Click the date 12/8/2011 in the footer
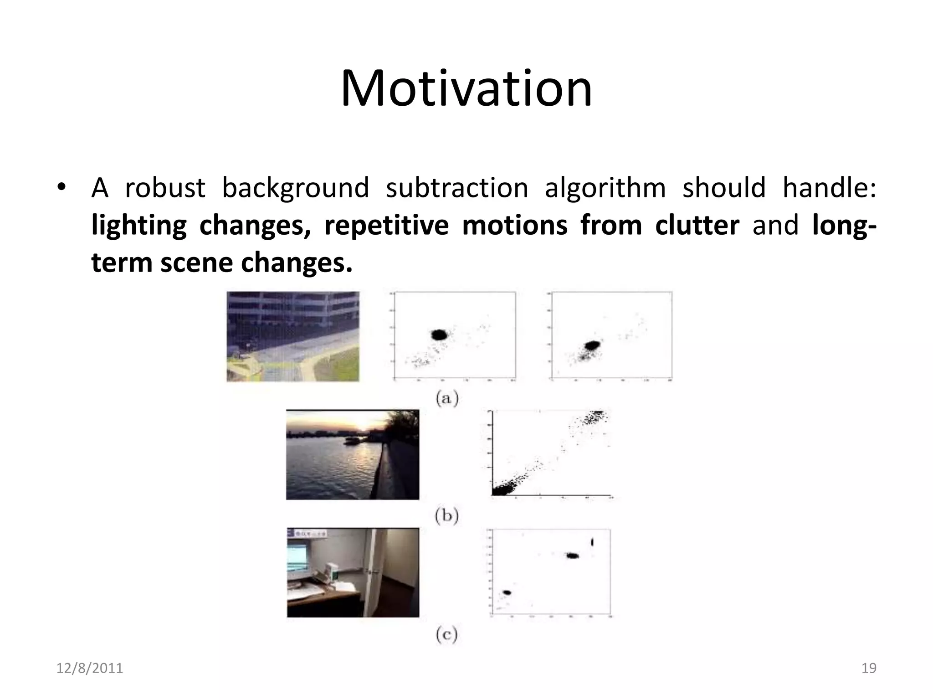90,668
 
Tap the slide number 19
869,668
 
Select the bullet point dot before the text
62,188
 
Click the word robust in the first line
165,188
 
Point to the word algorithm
605,188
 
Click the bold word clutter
697,225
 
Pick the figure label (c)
446,634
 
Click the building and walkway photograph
293,336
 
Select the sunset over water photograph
353,454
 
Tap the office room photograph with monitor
353,572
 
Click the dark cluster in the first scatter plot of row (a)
440,335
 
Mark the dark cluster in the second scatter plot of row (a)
593,345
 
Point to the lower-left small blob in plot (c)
507,592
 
